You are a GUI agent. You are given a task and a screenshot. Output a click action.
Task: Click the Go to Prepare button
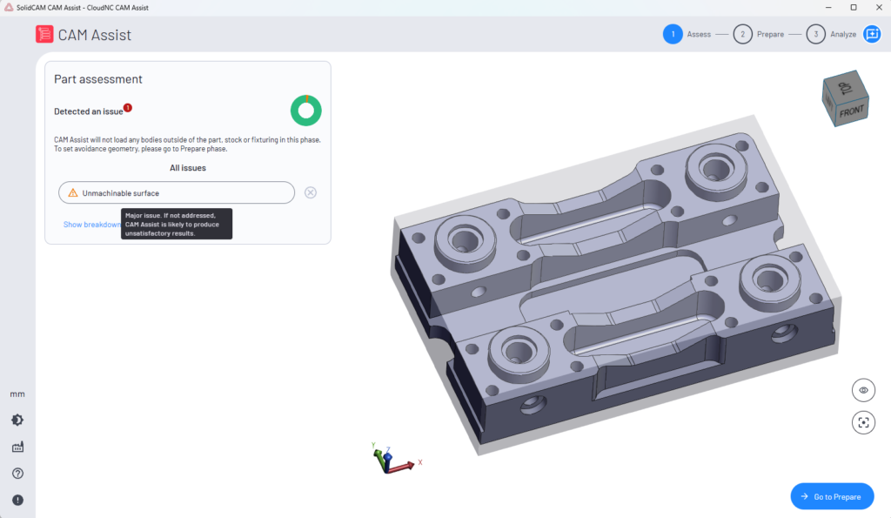point(832,496)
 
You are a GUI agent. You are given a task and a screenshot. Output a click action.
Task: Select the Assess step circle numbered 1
point(673,34)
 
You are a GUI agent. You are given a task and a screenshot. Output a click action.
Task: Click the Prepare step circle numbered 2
point(743,34)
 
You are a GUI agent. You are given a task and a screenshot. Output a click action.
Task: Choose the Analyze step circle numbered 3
point(816,34)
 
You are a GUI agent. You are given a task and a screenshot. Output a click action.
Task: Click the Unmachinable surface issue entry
point(176,192)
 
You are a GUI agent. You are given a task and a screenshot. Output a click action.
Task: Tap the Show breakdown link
point(91,225)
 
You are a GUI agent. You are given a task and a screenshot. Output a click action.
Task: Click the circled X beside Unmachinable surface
point(311,192)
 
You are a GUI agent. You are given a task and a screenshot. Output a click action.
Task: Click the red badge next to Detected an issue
point(128,107)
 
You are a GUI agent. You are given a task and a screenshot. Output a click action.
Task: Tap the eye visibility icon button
point(863,390)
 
